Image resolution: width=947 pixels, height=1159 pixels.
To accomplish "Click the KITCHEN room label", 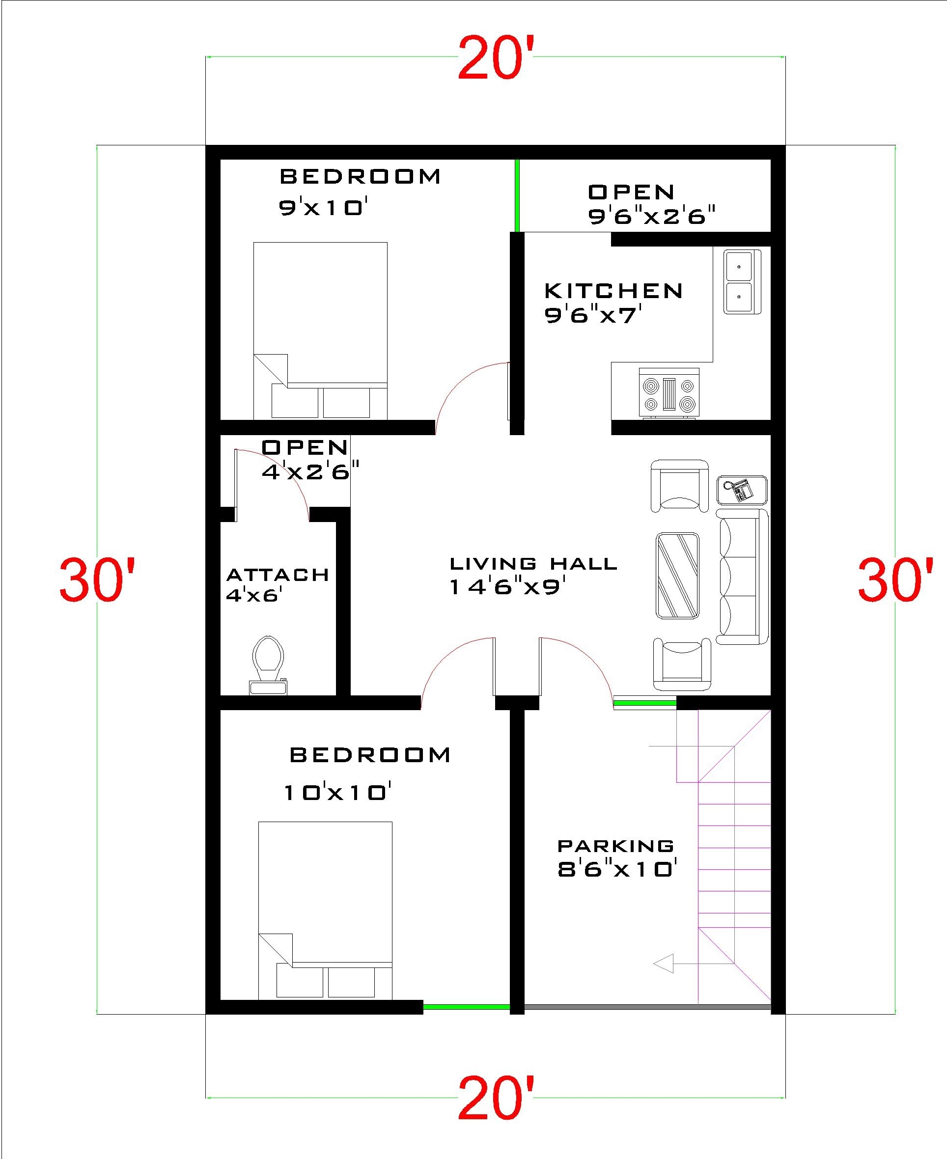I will point(613,291).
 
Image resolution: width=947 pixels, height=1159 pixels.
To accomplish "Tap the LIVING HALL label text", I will point(533,563).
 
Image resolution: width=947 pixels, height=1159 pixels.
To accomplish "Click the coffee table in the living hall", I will point(677,576).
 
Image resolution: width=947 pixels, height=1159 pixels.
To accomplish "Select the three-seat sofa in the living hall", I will point(741,577).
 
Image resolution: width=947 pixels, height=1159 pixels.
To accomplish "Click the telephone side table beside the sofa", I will point(742,490).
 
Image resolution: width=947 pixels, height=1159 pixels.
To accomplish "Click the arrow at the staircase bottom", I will point(664,964).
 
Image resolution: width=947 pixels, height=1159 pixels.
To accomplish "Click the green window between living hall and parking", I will point(644,703).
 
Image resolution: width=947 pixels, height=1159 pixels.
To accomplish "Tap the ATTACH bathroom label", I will point(278,575).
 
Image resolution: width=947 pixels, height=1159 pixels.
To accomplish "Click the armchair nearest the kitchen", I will point(680,485).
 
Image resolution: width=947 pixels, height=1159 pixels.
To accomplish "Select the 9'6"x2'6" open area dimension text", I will point(651,217).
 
